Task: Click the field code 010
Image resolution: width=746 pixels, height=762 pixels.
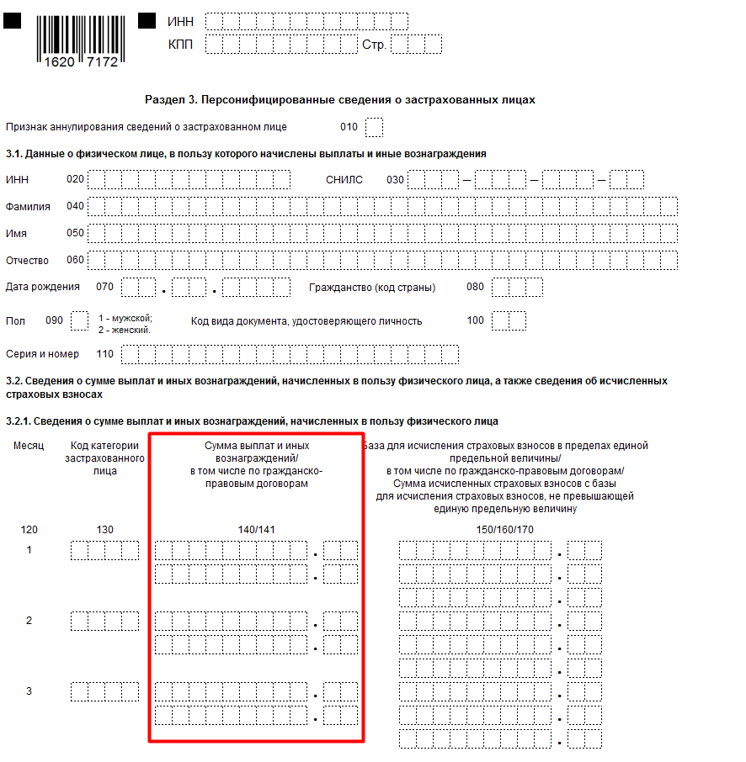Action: pos(349,127)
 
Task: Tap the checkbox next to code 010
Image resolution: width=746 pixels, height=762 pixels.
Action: pos(375,127)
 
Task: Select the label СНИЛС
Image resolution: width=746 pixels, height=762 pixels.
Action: pos(344,179)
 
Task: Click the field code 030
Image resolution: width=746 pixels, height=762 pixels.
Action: pos(396,179)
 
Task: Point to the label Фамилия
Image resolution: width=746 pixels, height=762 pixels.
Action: pos(28,206)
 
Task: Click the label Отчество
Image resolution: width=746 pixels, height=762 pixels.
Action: pos(28,260)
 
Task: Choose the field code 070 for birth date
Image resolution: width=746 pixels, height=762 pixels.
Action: pos(104,287)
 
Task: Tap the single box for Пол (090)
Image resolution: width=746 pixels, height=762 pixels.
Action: pos(79,320)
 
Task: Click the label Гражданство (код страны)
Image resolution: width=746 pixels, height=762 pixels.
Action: pos(372,287)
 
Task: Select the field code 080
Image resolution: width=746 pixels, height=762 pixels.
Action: pos(476,287)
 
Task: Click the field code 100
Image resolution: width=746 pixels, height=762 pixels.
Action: pos(476,320)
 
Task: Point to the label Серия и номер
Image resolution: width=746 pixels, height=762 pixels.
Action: pos(42,354)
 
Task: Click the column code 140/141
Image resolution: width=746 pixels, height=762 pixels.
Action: pos(257,530)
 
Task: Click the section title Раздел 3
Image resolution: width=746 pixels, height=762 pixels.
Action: pos(340,100)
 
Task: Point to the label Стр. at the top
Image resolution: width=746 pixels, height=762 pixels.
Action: pos(374,45)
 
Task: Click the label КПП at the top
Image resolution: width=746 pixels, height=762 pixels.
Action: pos(181,45)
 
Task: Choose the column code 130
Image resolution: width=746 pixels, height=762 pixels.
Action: pos(104,530)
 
